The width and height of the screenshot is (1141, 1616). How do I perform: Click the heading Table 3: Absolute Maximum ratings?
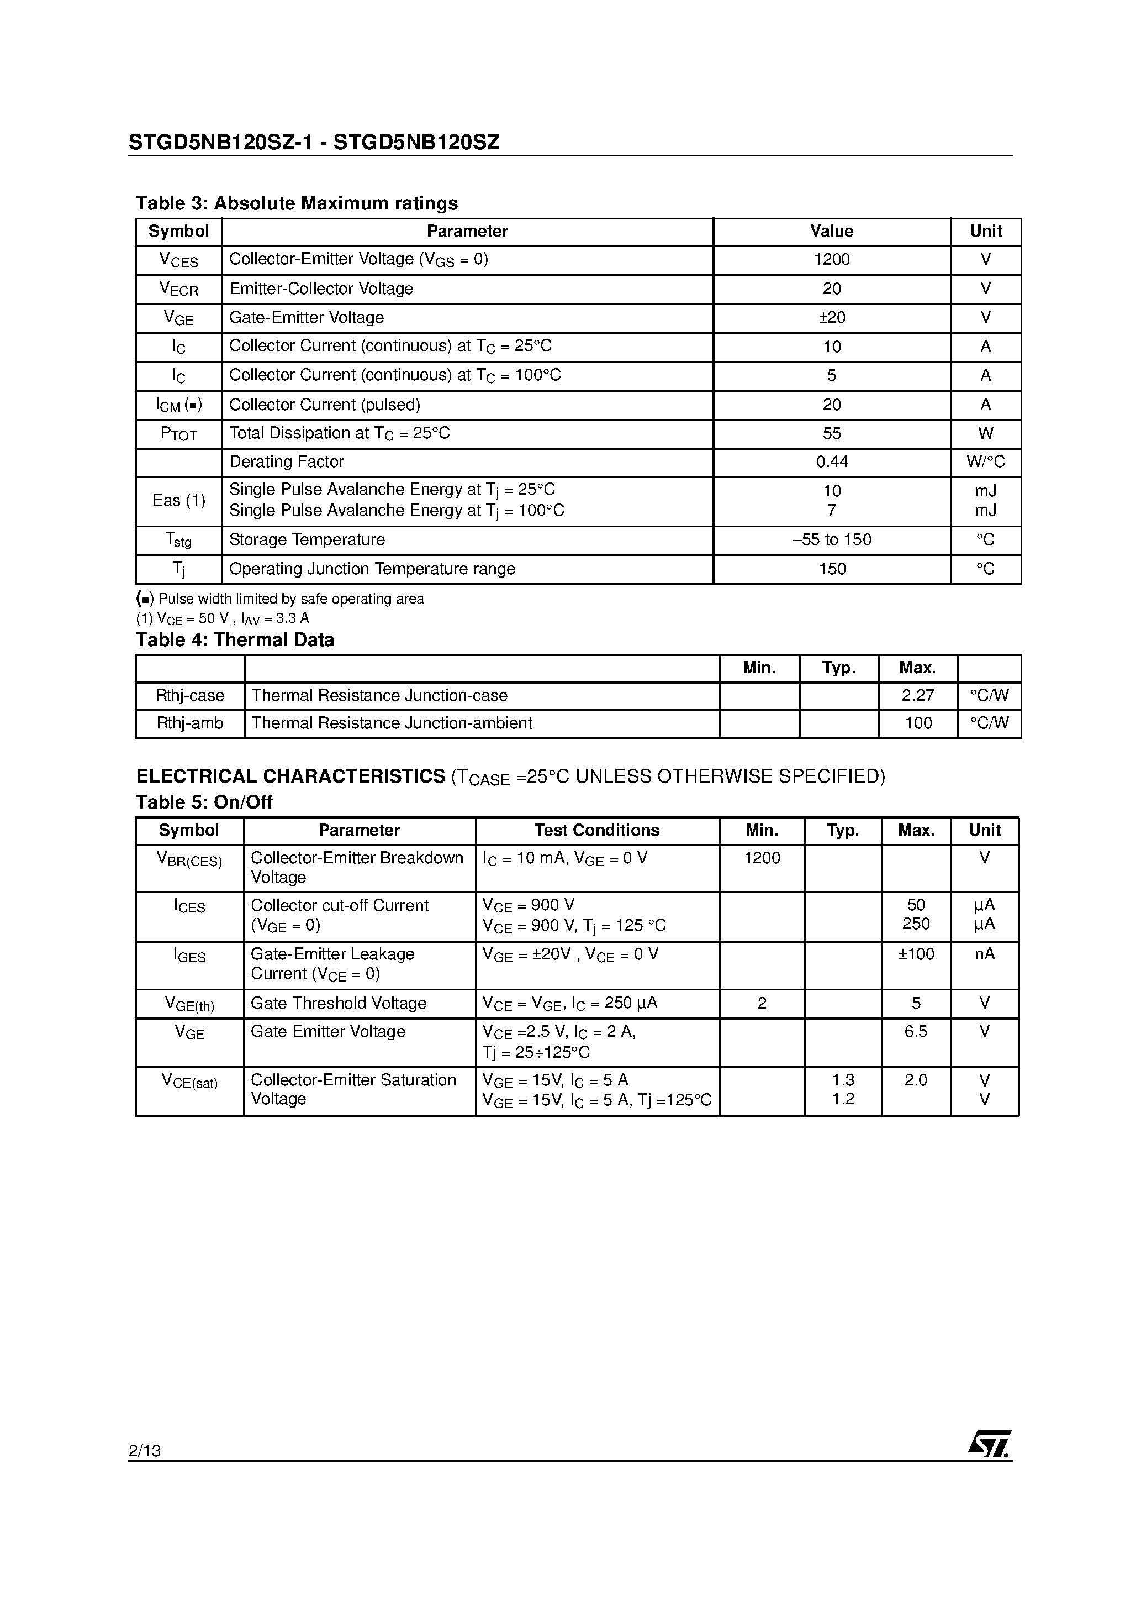(x=296, y=203)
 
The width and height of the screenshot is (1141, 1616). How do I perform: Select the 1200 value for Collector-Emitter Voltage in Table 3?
(x=832, y=260)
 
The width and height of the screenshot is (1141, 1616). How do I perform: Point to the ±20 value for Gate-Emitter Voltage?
(x=832, y=317)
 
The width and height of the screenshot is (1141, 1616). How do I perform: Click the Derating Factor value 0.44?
(x=832, y=461)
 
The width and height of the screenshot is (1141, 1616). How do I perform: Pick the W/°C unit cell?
(x=986, y=461)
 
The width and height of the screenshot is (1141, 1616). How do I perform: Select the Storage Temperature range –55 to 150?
(x=832, y=540)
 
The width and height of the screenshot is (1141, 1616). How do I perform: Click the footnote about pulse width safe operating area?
(x=280, y=599)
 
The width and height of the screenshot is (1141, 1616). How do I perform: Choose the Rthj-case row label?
(x=190, y=695)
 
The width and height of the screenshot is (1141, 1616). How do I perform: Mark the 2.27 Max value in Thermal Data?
(x=917, y=695)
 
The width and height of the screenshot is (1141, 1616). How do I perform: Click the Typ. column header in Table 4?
(x=838, y=668)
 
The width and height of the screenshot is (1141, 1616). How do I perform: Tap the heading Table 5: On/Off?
(x=204, y=802)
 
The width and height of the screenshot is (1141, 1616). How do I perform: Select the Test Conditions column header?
(x=596, y=831)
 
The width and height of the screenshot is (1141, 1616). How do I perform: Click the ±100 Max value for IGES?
(x=916, y=954)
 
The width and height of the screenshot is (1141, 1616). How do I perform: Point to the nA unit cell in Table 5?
(x=984, y=954)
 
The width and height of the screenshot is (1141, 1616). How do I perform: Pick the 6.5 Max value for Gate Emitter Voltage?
(x=916, y=1032)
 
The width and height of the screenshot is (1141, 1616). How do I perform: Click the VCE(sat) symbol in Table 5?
(x=189, y=1081)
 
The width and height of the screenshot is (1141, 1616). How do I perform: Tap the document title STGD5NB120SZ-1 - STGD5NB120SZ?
(x=314, y=143)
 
